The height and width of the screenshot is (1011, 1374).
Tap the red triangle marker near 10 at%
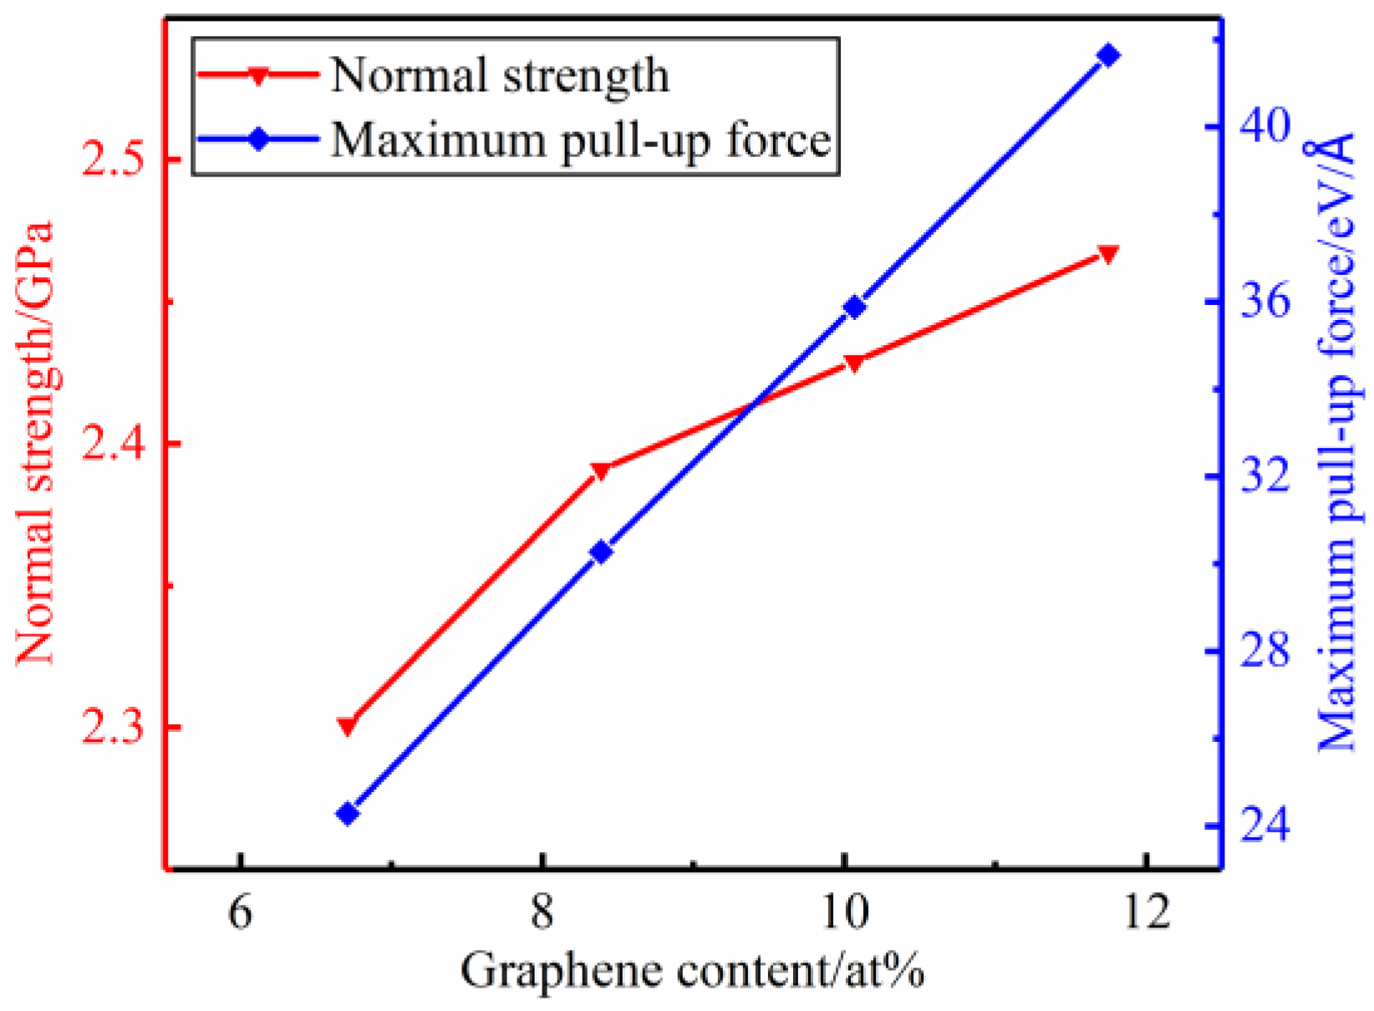point(853,363)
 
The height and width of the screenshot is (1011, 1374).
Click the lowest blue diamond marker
point(348,814)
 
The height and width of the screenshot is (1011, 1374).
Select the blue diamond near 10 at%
point(854,307)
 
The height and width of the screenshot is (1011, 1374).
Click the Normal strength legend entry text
point(500,76)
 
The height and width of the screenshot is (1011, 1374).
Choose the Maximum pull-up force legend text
point(581,140)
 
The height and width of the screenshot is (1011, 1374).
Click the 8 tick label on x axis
point(542,912)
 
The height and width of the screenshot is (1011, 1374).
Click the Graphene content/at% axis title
point(692,972)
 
